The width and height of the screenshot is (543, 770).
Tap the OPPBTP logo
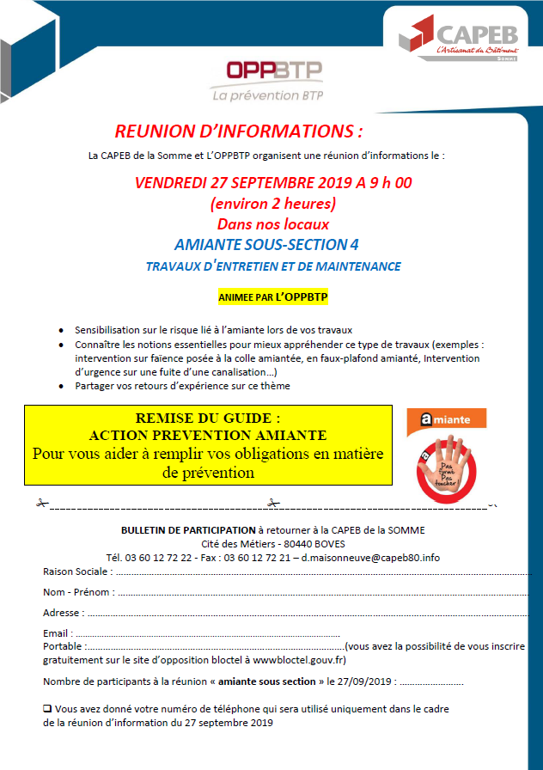click(268, 79)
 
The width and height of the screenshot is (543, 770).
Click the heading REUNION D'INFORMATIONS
click(239, 131)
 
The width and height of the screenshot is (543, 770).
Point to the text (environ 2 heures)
click(272, 204)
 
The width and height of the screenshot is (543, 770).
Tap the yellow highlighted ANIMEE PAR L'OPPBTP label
click(272, 297)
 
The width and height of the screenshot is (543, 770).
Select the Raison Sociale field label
click(75, 571)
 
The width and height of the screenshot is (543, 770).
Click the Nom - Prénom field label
click(77, 591)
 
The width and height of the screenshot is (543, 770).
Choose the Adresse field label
click(63, 613)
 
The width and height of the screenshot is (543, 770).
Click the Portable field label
click(63, 645)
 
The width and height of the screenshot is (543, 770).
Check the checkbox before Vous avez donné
click(47, 709)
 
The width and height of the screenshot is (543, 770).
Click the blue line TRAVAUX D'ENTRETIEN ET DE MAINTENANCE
click(272, 266)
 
